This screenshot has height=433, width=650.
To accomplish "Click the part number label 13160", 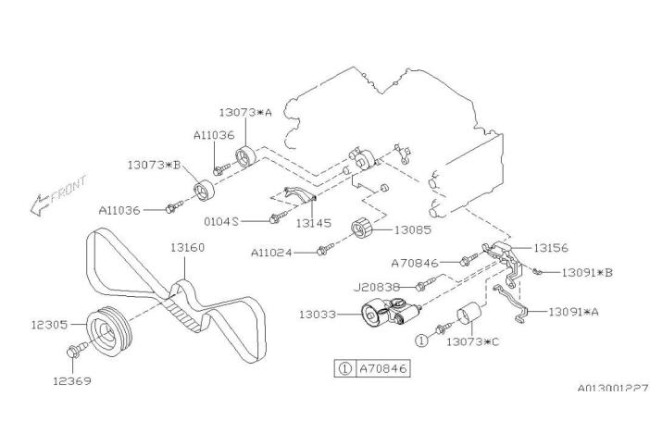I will point(187,248).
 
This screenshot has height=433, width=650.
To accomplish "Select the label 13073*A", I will point(245,112).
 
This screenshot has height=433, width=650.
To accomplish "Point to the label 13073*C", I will point(472,342).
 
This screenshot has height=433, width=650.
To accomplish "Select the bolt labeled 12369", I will point(75,349).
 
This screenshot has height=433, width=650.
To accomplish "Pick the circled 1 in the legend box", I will point(344,368).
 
